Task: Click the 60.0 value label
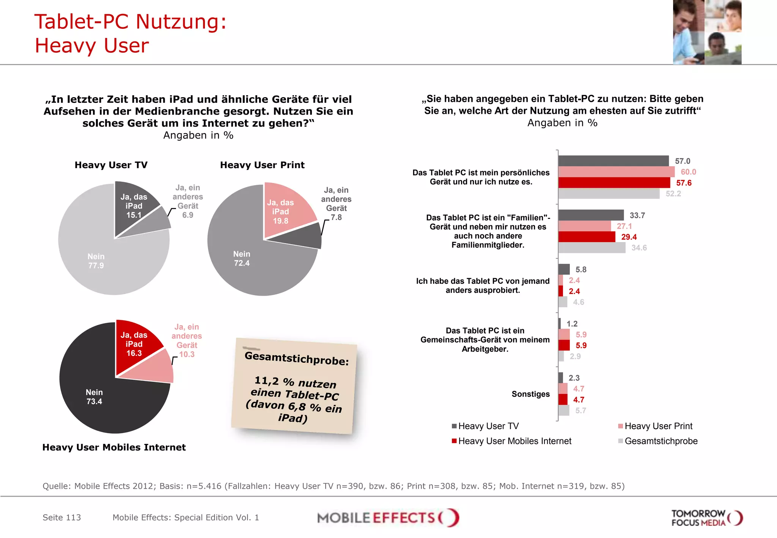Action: [688, 172]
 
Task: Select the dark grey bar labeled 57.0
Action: [613, 161]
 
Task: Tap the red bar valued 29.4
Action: [587, 237]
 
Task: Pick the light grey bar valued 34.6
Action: [592, 248]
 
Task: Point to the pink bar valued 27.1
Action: [584, 226]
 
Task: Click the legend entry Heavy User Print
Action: [658, 426]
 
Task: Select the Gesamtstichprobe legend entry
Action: [661, 441]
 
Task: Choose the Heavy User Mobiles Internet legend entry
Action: [514, 441]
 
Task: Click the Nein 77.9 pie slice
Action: [102, 262]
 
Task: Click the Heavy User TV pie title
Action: [111, 165]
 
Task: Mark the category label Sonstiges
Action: [530, 394]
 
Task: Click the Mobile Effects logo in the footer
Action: [388, 518]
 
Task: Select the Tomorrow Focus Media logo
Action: [706, 518]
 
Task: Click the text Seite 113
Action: [62, 518]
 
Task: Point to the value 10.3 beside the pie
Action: [187, 354]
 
